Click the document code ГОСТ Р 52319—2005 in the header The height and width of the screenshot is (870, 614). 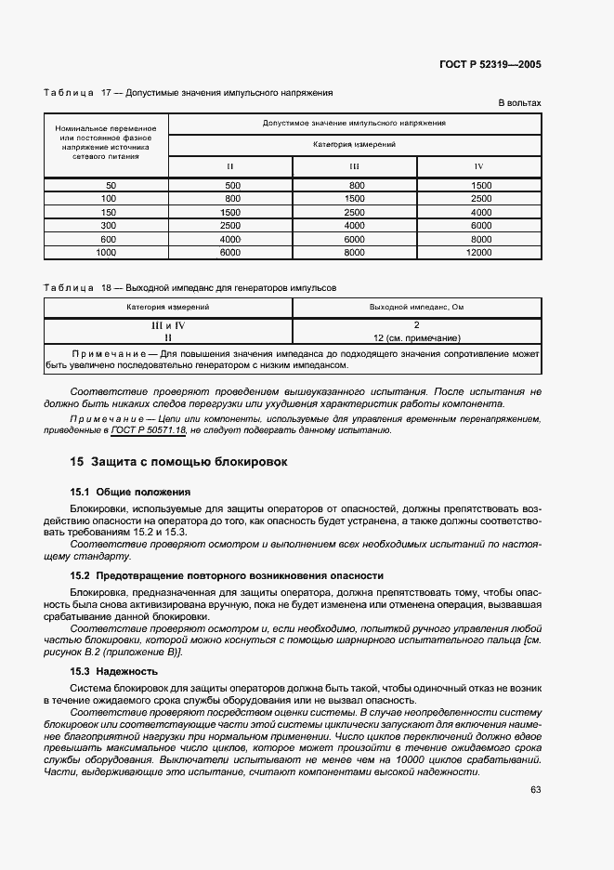tap(490, 64)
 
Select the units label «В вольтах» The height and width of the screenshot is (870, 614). tap(519, 103)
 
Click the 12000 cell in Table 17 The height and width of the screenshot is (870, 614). tap(479, 252)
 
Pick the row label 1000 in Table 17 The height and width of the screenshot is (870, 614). tap(106, 252)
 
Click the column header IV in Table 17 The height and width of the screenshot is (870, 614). tap(479, 166)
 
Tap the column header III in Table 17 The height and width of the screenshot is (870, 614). tap(355, 166)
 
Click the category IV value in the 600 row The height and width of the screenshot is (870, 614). tap(480, 239)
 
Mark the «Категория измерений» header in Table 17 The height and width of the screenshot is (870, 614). tap(354, 145)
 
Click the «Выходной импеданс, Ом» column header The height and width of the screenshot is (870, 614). tap(416, 306)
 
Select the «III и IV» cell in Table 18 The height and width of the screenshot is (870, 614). tap(168, 325)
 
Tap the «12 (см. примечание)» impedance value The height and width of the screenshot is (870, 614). tap(417, 338)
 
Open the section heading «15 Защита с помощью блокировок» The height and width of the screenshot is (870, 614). tap(178, 462)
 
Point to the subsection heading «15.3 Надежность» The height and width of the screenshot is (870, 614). tap(114, 671)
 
